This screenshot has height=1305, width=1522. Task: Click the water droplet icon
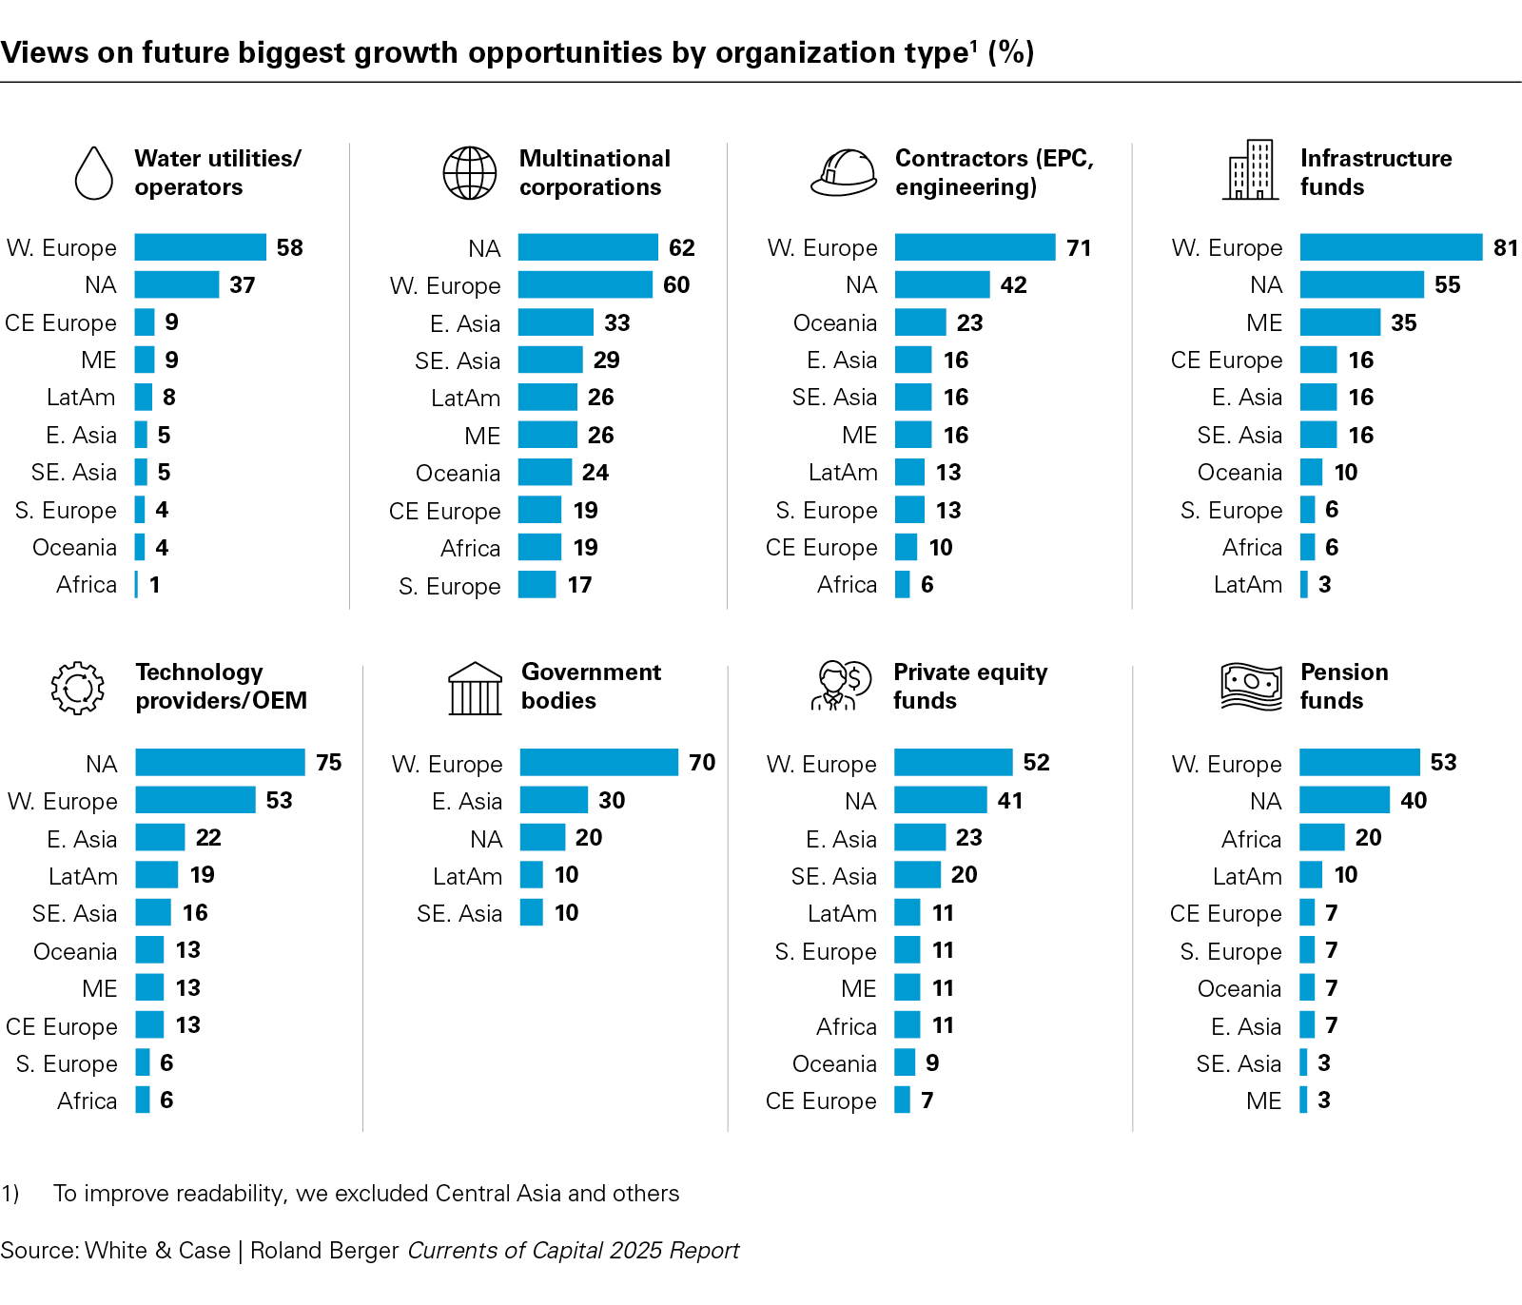(x=94, y=173)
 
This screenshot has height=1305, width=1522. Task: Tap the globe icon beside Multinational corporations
(x=470, y=173)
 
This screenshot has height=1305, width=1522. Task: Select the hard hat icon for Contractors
(x=844, y=173)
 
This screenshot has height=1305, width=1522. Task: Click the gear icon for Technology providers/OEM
(x=77, y=688)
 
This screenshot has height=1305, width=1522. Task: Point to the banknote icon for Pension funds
(x=1251, y=687)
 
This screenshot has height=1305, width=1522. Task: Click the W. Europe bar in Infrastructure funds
(x=1391, y=247)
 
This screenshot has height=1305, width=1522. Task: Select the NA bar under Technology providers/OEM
(x=220, y=763)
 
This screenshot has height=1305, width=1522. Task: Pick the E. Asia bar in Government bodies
(x=554, y=801)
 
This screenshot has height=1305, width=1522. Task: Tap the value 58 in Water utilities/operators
(x=289, y=248)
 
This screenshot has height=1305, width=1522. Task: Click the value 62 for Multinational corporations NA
(x=681, y=248)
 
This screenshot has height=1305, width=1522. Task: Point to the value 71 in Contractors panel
(x=1079, y=248)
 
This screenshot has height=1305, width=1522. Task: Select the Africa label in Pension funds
(x=1251, y=839)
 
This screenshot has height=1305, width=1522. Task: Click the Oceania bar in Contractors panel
(x=920, y=322)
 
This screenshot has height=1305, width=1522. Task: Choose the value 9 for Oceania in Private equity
(x=932, y=1063)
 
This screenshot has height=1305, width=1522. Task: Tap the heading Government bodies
(x=591, y=687)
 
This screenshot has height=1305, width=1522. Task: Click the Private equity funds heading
(x=969, y=687)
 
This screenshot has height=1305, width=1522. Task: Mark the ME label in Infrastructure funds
(x=1264, y=323)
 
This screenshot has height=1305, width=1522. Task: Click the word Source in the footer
(x=38, y=1251)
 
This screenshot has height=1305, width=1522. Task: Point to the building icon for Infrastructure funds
(x=1251, y=171)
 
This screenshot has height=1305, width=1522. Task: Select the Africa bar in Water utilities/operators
(x=136, y=585)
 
